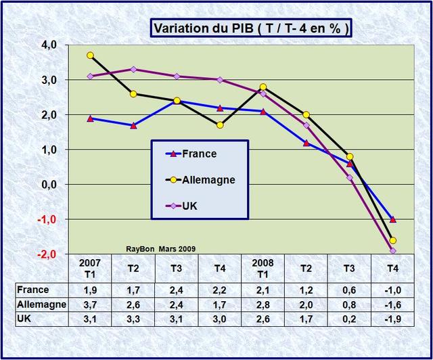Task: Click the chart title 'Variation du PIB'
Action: tap(251, 28)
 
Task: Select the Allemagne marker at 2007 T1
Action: tap(91, 55)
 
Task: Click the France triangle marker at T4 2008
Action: tap(393, 219)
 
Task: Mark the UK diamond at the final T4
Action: tap(393, 250)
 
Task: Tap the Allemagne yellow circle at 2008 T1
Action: tap(263, 87)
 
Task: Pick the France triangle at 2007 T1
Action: tap(91, 118)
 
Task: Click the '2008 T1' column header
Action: tap(263, 267)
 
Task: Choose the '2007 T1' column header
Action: tap(90, 267)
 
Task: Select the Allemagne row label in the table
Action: tap(42, 305)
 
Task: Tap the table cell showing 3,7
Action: tap(90, 305)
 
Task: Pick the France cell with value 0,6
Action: tap(349, 290)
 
